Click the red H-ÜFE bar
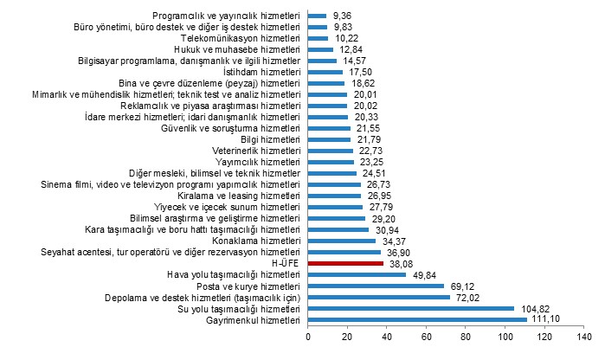coord(345,263)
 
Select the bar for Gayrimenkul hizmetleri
coord(417,319)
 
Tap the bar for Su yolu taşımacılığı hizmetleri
coord(411,308)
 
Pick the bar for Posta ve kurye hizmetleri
coord(376,286)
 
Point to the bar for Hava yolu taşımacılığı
coord(357,274)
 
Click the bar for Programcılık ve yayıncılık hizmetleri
coord(317,16)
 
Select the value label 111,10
coord(546,319)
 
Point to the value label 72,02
coord(469,297)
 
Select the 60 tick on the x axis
coord(426,337)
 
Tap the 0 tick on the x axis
coord(308,337)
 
